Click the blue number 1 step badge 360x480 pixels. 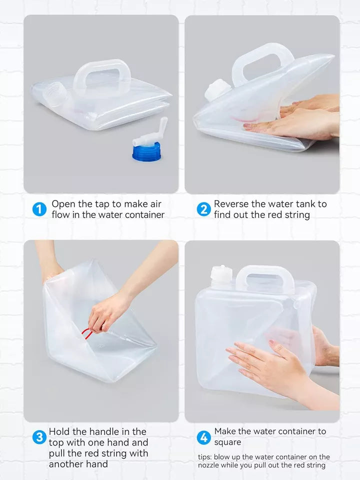click(x=39, y=209)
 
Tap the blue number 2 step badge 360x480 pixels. click(x=203, y=209)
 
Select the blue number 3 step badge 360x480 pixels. click(x=39, y=437)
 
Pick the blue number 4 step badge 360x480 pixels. click(x=203, y=437)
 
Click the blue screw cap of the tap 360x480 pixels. click(x=146, y=152)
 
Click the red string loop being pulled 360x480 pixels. click(x=87, y=333)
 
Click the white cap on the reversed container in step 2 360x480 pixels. click(x=217, y=89)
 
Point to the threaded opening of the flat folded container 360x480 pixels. click(x=56, y=93)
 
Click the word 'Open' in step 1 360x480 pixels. click(x=63, y=204)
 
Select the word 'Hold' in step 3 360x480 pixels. click(x=59, y=431)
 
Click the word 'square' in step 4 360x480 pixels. click(x=227, y=442)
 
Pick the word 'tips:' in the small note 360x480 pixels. click(x=205, y=457)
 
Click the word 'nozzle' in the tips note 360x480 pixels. click(x=208, y=465)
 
